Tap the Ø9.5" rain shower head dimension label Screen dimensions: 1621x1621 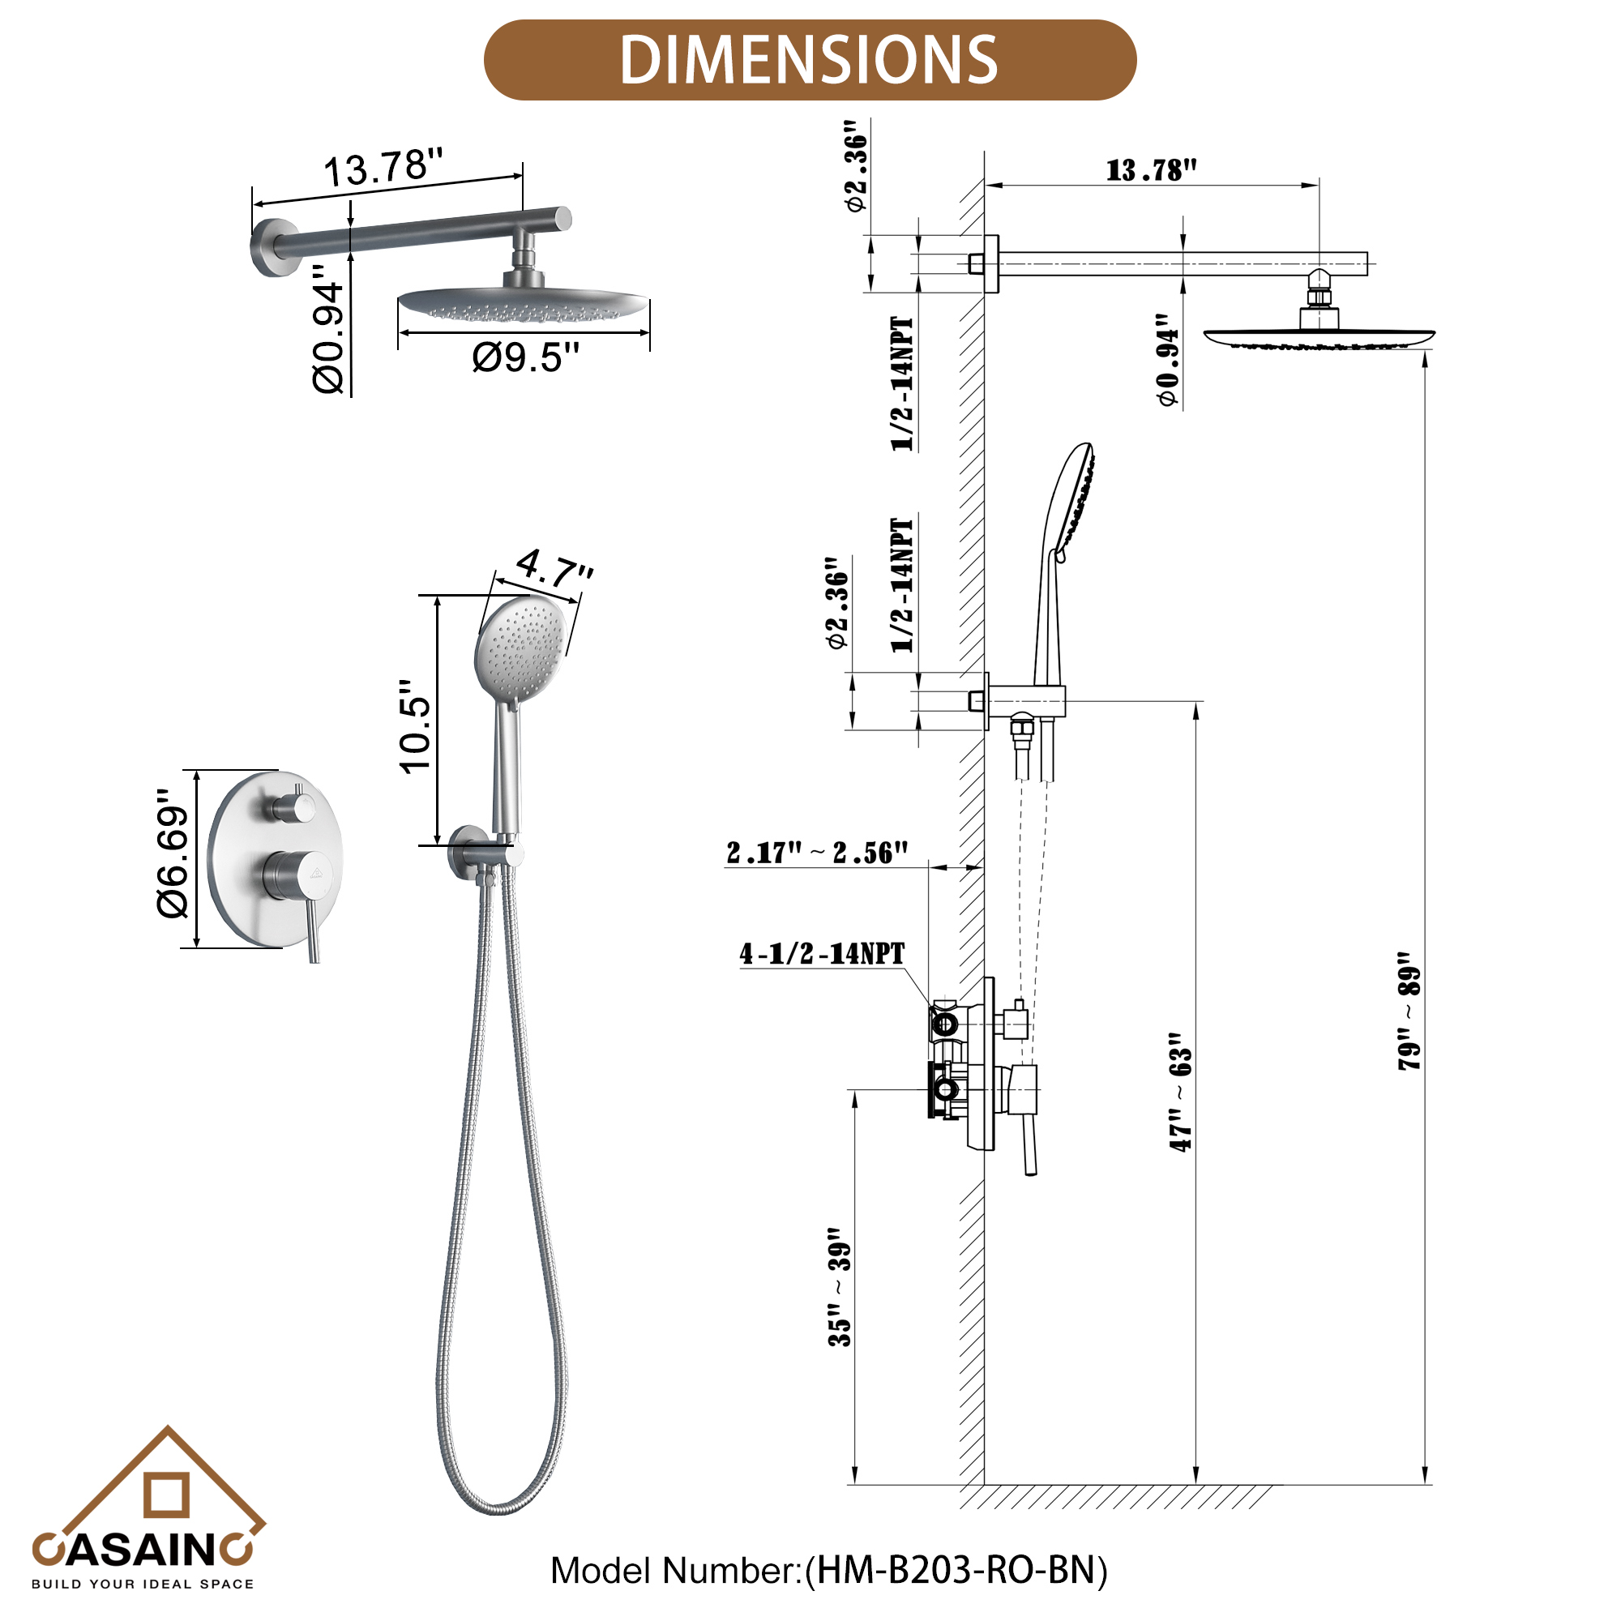[525, 357]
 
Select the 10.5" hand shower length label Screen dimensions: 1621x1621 [415, 726]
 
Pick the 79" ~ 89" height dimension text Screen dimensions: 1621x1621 [1409, 1011]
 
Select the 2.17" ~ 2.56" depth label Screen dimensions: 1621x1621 [817, 853]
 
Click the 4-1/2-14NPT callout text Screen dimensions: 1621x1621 [821, 953]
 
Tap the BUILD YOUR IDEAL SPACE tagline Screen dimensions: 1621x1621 [143, 1584]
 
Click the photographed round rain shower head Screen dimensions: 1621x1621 [522, 302]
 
